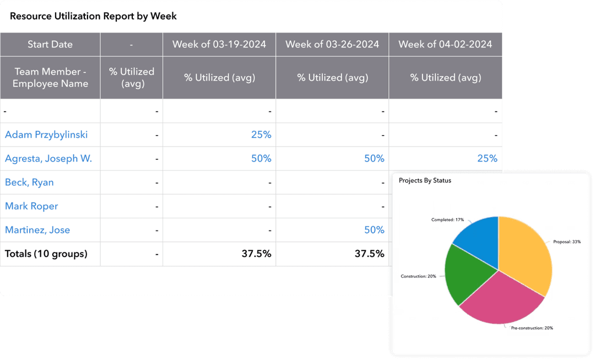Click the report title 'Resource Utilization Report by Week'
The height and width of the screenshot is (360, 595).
93,16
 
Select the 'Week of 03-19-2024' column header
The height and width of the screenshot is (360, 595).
219,44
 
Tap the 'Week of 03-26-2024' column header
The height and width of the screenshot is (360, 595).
332,44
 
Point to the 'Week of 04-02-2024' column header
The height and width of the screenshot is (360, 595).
445,44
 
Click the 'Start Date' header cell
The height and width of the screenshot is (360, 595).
50,44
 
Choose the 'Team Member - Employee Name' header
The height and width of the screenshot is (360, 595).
50,78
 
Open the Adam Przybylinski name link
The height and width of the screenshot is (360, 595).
46,135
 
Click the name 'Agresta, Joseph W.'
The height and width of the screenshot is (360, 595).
48,159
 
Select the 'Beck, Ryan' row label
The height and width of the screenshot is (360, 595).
29,182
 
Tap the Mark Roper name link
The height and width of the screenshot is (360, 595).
31,206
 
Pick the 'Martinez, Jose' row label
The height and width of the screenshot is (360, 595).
37,230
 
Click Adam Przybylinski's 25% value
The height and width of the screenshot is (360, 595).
261,135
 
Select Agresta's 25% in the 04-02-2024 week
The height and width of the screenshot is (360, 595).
487,159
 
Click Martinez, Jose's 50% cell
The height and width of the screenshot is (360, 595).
374,230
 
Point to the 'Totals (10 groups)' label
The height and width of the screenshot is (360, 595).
46,254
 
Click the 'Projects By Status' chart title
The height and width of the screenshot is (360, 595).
425,180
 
